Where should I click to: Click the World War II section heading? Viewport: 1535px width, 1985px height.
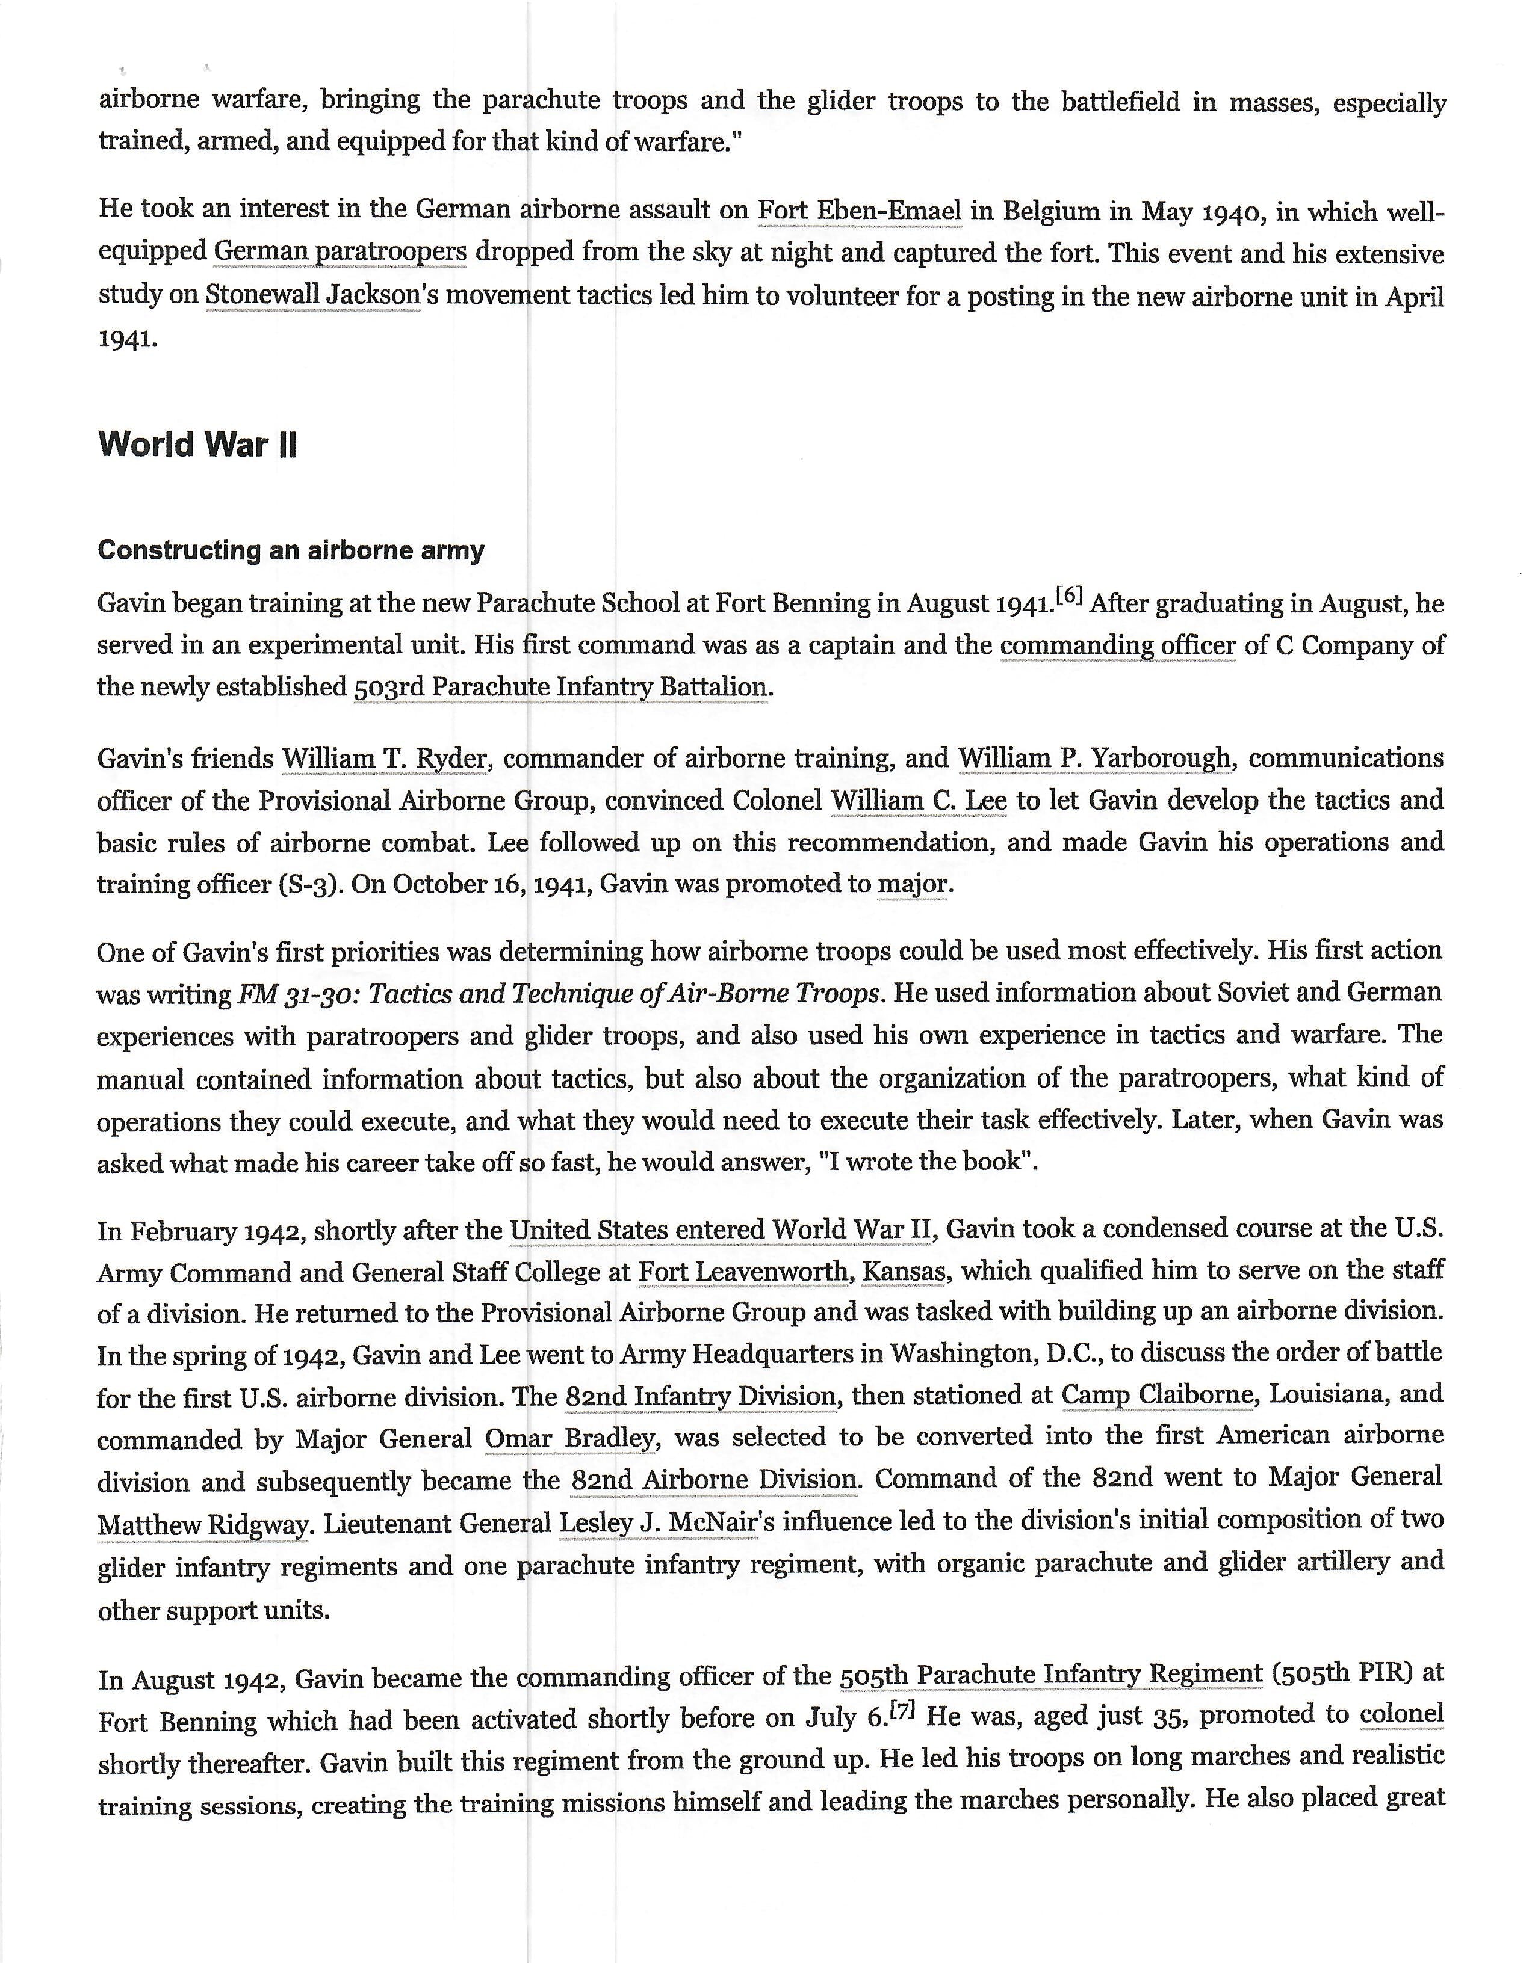tap(197, 445)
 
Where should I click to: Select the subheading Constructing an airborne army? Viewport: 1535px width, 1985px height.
tap(291, 550)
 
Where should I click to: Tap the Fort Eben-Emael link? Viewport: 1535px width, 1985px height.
tap(860, 211)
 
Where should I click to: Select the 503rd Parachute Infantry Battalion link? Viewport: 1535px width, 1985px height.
tap(562, 686)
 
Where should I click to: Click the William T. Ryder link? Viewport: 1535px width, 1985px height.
tap(384, 758)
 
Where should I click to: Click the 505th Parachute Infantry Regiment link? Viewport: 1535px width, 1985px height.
tap(1051, 1674)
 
